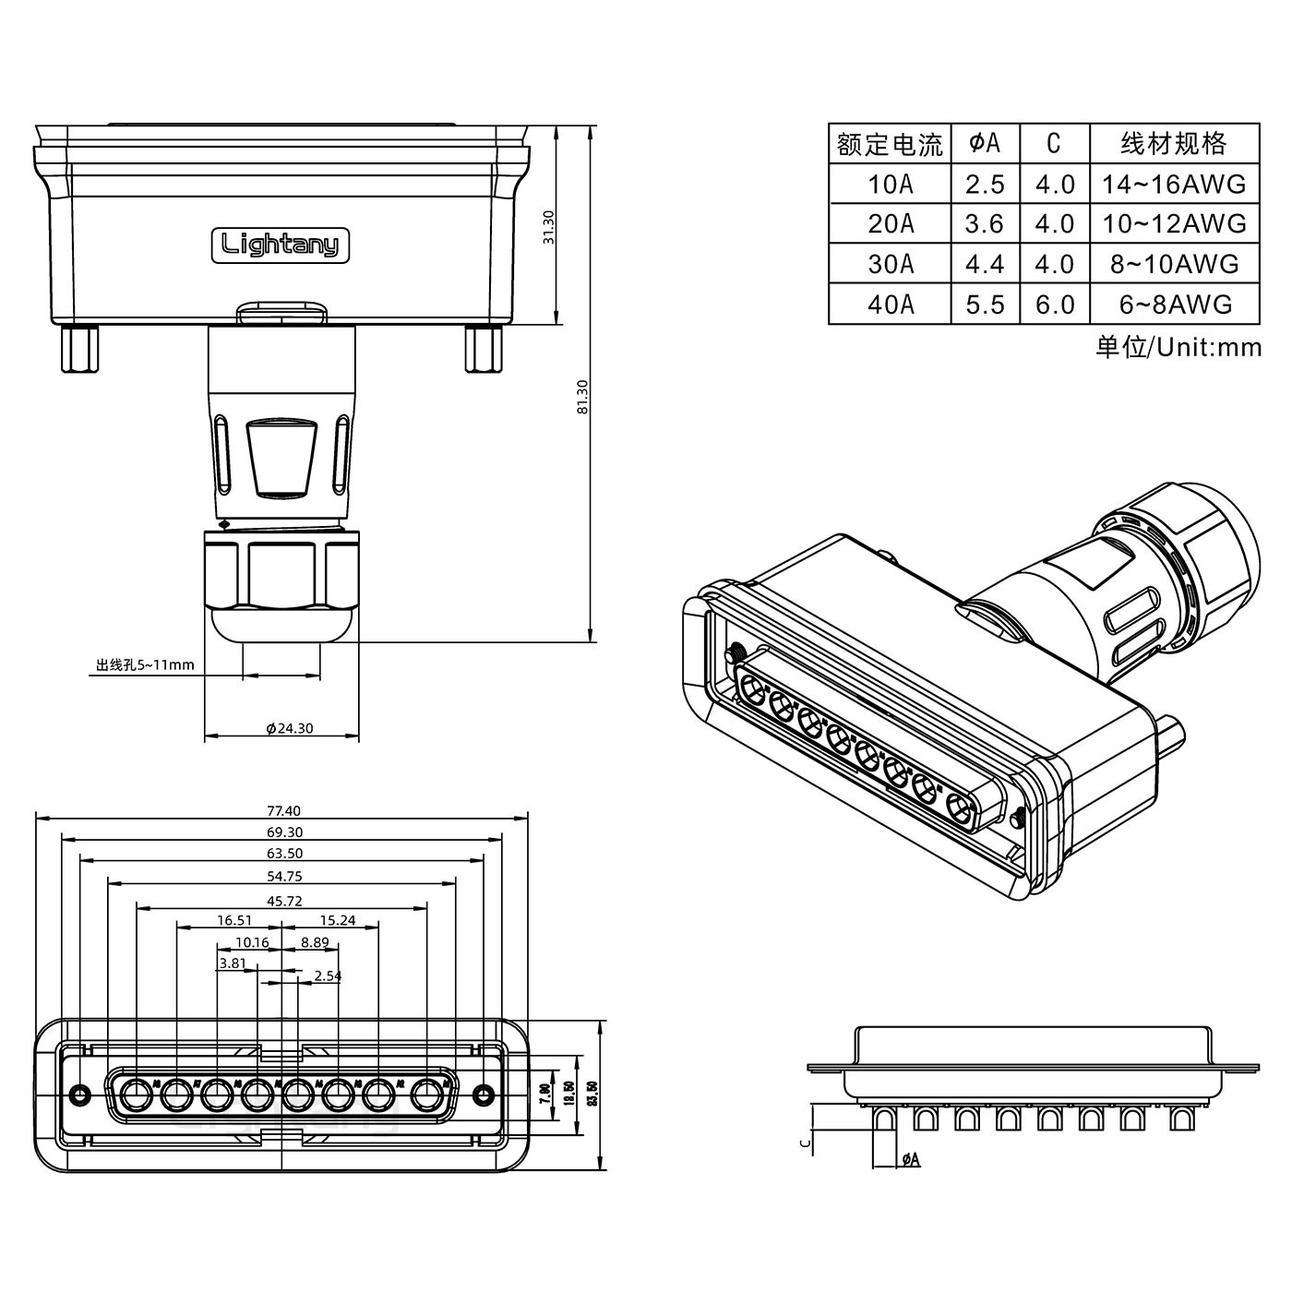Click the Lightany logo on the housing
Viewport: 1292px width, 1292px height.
coord(281,245)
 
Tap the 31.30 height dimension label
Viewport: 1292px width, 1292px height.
coord(549,227)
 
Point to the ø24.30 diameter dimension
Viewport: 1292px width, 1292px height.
coord(289,728)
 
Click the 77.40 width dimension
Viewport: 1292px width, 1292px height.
coord(283,811)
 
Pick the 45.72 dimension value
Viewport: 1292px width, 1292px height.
coord(283,901)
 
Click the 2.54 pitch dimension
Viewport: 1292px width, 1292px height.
coord(328,975)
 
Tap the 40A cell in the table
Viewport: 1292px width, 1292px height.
coord(890,305)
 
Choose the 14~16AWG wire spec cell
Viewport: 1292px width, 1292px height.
coord(1174,185)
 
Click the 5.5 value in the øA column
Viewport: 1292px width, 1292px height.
coord(985,305)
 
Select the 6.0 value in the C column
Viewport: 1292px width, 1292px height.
coord(1054,305)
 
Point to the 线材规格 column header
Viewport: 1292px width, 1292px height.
coord(1174,143)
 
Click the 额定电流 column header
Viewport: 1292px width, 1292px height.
coord(890,144)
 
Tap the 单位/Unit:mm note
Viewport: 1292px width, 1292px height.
coord(1178,347)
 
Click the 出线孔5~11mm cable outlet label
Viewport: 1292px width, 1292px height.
coord(145,664)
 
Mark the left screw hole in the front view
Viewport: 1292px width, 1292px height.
coord(80,1095)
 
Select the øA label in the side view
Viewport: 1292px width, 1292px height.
coord(910,1159)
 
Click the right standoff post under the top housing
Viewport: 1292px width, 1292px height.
coord(484,348)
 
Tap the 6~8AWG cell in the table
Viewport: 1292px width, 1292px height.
coord(1174,305)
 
